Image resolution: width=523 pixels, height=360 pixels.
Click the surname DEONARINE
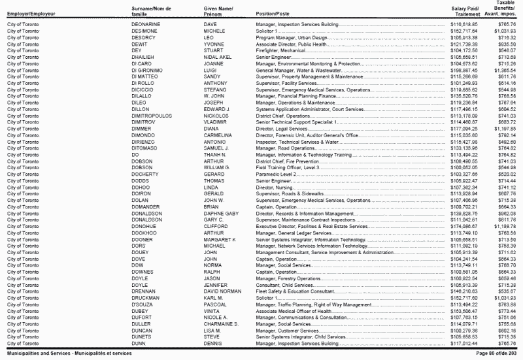(x=146, y=24)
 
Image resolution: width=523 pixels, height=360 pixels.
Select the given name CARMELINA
(x=219, y=133)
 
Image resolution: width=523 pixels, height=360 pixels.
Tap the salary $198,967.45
(x=465, y=70)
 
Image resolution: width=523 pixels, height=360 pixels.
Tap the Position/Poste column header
(x=273, y=14)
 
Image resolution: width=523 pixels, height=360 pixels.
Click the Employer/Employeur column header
(x=31, y=14)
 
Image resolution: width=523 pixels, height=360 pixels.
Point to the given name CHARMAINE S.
(x=220, y=323)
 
